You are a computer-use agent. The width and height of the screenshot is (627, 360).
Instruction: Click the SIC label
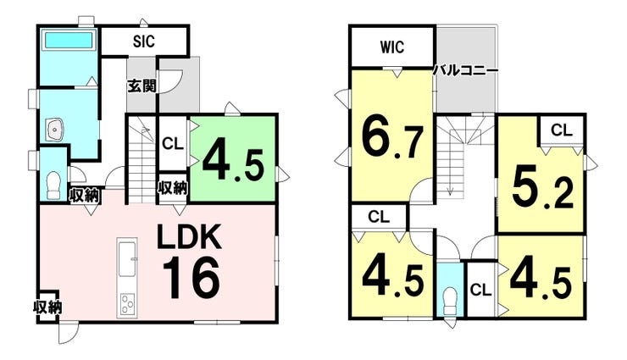point(143,40)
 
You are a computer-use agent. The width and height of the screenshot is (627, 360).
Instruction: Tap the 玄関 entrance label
point(140,86)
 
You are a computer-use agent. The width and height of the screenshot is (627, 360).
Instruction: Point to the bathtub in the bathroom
point(69,40)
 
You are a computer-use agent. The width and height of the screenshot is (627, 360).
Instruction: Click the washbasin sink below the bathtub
point(55,130)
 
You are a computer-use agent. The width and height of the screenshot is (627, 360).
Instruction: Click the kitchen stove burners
point(128,303)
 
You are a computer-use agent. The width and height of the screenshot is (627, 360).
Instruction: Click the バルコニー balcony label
point(465,70)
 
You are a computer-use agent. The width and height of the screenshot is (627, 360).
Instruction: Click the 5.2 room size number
point(542,188)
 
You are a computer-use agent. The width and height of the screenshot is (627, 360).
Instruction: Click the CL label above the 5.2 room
point(562,130)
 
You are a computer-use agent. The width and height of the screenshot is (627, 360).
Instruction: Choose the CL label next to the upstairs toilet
point(480,290)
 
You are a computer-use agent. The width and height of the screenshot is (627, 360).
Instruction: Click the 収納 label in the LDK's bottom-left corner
point(47,307)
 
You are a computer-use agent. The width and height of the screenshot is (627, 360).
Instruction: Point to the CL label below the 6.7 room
point(379,216)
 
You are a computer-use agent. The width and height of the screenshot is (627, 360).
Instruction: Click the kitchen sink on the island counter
point(127,254)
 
